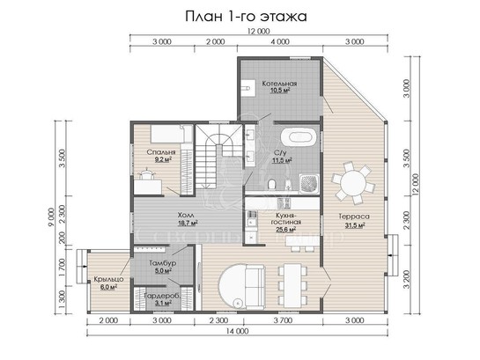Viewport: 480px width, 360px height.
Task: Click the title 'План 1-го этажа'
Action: [x=246, y=17]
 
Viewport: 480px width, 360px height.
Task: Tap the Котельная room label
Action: [x=279, y=86]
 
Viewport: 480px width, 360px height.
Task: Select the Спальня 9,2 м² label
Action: [x=161, y=156]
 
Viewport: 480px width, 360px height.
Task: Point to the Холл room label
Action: [x=186, y=218]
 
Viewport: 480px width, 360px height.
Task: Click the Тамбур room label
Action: [x=163, y=267]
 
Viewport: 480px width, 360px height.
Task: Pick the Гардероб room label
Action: [x=163, y=299]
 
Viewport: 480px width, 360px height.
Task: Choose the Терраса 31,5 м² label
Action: [x=354, y=220]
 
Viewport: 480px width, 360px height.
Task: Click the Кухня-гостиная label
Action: [x=285, y=222]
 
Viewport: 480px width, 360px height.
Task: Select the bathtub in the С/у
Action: [x=299, y=136]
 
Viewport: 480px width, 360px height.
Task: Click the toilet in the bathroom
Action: [x=271, y=185]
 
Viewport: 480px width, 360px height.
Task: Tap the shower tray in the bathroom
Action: [x=309, y=183]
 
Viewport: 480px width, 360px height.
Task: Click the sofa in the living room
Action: [x=254, y=286]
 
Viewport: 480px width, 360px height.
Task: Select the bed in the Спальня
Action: [x=171, y=134]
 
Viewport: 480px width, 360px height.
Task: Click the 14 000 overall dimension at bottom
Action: [x=238, y=331]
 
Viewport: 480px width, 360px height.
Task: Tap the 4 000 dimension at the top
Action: [x=280, y=42]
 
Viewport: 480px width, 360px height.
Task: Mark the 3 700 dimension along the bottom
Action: [x=283, y=320]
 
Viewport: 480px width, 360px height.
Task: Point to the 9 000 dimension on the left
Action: [x=51, y=217]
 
